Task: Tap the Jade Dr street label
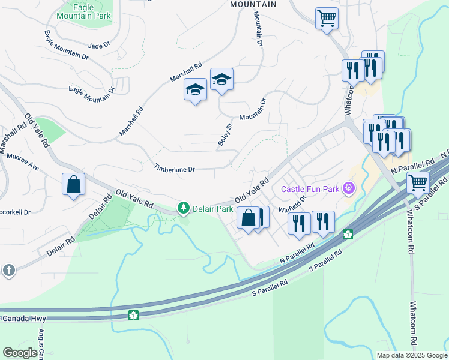point(99,45)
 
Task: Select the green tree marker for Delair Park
point(182,209)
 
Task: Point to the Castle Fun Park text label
point(310,190)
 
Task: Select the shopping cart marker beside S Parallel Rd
point(418,182)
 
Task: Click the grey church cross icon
point(8,271)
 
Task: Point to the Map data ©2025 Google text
point(411,355)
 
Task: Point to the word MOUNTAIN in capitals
point(253,4)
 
